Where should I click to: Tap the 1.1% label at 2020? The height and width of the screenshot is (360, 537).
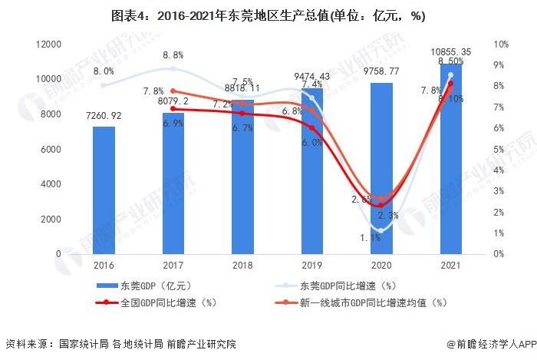pos(371,238)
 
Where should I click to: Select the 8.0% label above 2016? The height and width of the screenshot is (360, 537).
pos(104,71)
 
